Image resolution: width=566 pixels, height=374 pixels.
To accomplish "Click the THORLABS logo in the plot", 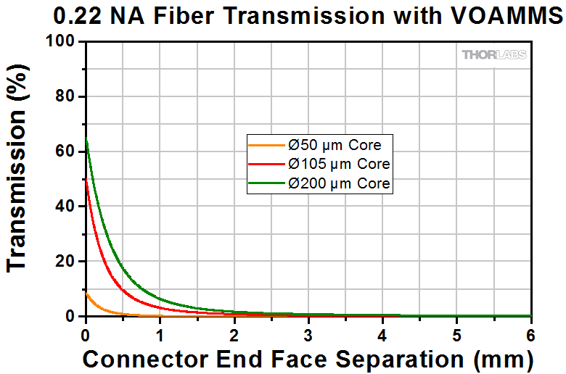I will [x=494, y=55].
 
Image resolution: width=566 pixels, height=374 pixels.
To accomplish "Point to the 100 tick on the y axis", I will [x=61, y=43].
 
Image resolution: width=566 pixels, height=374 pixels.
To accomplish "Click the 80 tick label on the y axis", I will [x=65, y=97].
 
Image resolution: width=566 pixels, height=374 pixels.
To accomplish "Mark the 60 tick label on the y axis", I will [x=65, y=152].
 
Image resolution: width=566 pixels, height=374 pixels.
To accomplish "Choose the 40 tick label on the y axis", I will [x=65, y=207].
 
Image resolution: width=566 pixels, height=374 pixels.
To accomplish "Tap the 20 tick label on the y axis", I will [x=65, y=262].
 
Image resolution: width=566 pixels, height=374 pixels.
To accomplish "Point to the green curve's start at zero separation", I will [x=86, y=139].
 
